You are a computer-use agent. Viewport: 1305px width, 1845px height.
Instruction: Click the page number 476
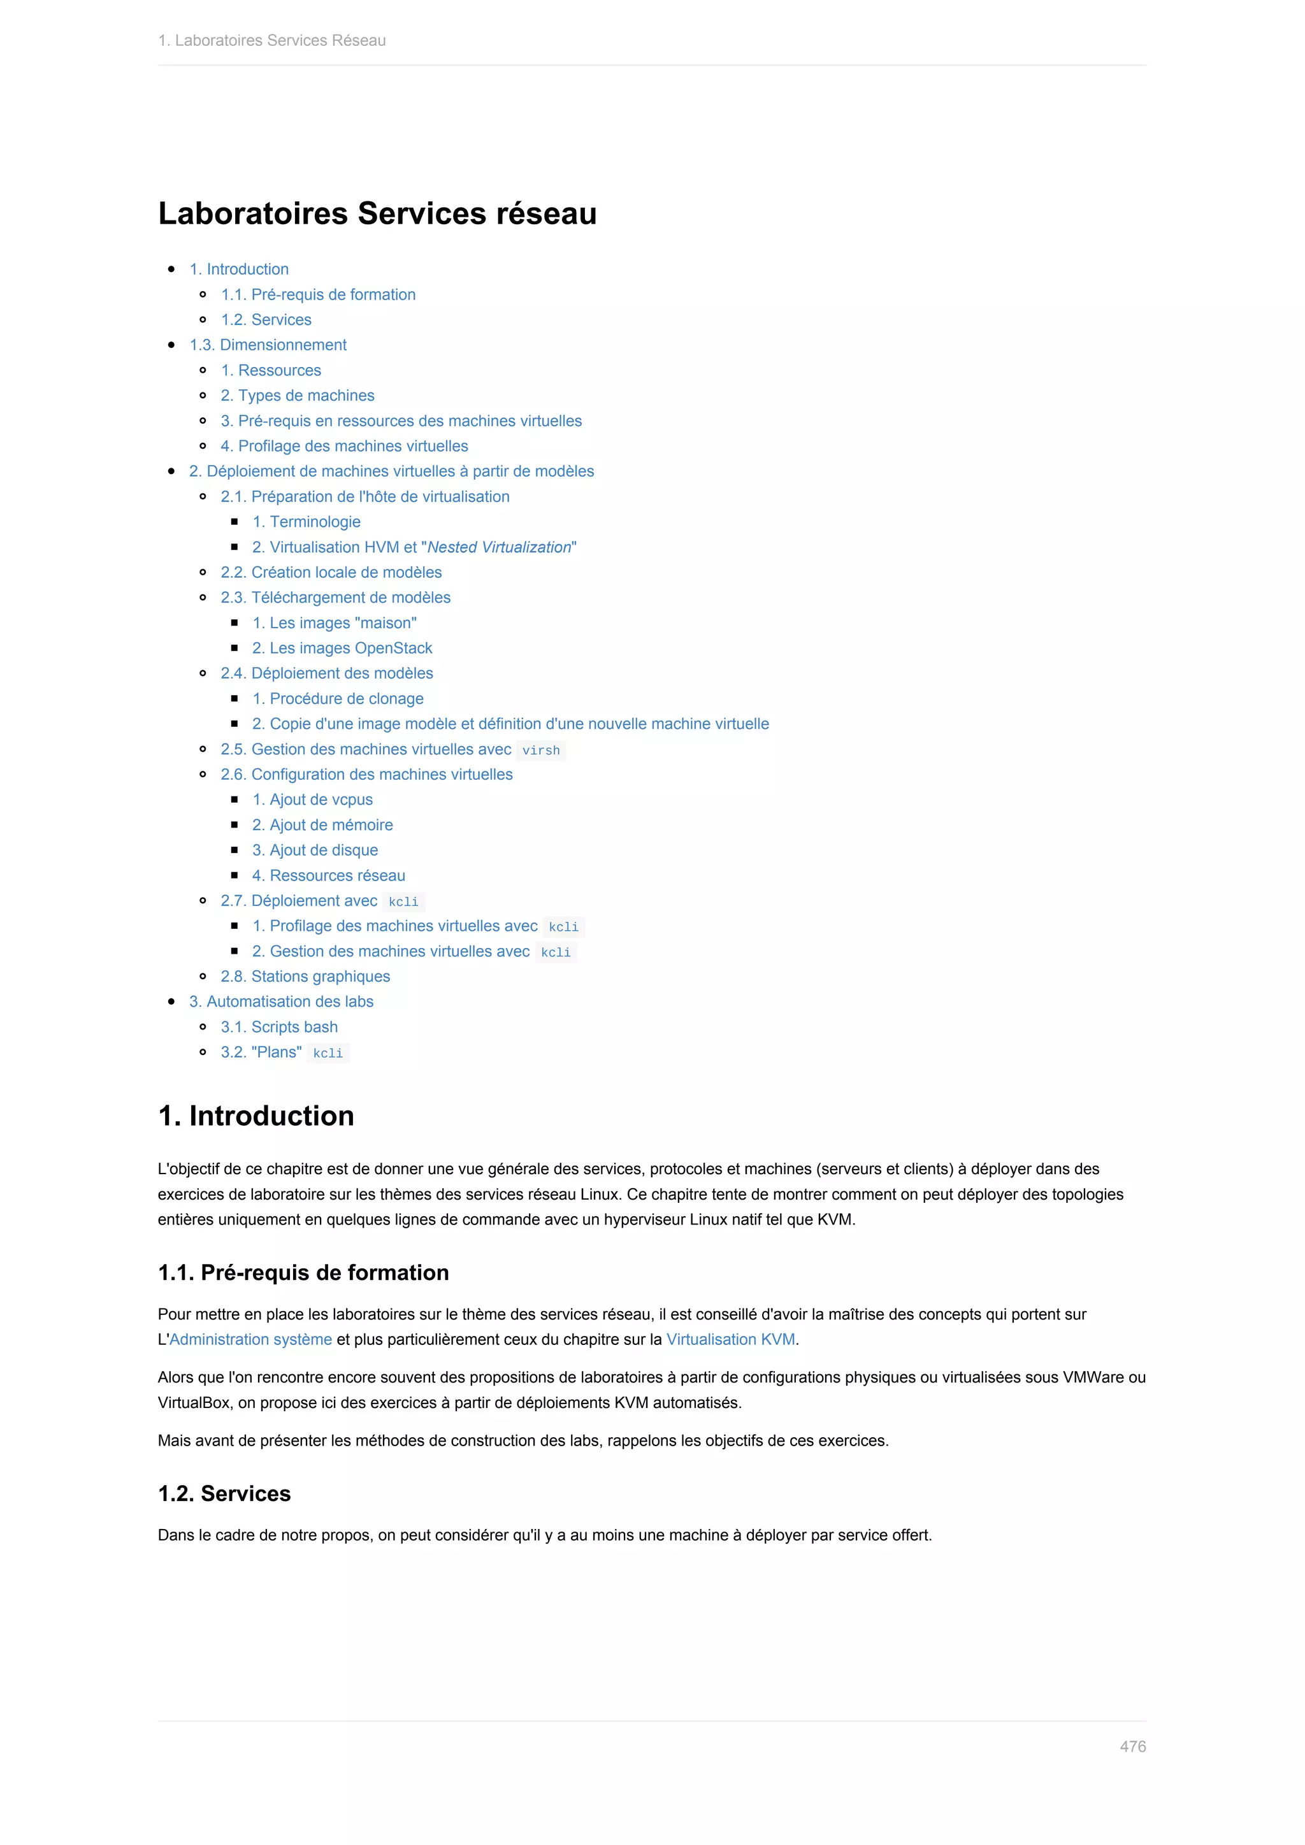pyautogui.click(x=1132, y=1746)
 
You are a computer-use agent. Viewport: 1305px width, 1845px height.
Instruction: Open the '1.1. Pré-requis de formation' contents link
pyautogui.click(x=318, y=295)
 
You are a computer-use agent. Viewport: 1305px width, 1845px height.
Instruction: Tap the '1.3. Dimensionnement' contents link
pyautogui.click(x=268, y=345)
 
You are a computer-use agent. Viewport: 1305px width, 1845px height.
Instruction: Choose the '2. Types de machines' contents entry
pyautogui.click(x=298, y=396)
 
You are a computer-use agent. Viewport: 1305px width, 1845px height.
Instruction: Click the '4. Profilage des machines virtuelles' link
pyautogui.click(x=344, y=446)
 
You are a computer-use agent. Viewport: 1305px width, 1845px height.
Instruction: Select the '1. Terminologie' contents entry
pyautogui.click(x=306, y=522)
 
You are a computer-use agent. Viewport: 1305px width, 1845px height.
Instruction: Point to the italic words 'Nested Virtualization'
pyautogui.click(x=499, y=547)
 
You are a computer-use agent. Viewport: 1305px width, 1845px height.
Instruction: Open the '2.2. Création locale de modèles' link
pyautogui.click(x=331, y=572)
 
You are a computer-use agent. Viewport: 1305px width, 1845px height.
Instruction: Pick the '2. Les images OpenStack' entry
pyautogui.click(x=342, y=648)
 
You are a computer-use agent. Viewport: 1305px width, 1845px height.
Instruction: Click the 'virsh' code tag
pyautogui.click(x=541, y=750)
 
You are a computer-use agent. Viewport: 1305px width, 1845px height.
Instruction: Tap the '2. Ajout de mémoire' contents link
pyautogui.click(x=322, y=824)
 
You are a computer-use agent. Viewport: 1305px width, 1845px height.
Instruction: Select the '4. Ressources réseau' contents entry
pyautogui.click(x=329, y=875)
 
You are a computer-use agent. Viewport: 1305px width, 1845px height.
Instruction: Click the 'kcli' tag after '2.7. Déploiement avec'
pyautogui.click(x=403, y=901)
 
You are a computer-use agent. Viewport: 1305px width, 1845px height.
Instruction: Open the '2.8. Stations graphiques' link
pyautogui.click(x=305, y=977)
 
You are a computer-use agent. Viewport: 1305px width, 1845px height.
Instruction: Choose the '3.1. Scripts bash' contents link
pyautogui.click(x=279, y=1027)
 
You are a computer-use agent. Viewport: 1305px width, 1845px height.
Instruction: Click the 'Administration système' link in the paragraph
pyautogui.click(x=250, y=1340)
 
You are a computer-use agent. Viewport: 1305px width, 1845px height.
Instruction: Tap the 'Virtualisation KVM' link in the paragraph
pyautogui.click(x=730, y=1340)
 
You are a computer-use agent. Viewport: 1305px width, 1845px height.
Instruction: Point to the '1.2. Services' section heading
pyautogui.click(x=224, y=1493)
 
